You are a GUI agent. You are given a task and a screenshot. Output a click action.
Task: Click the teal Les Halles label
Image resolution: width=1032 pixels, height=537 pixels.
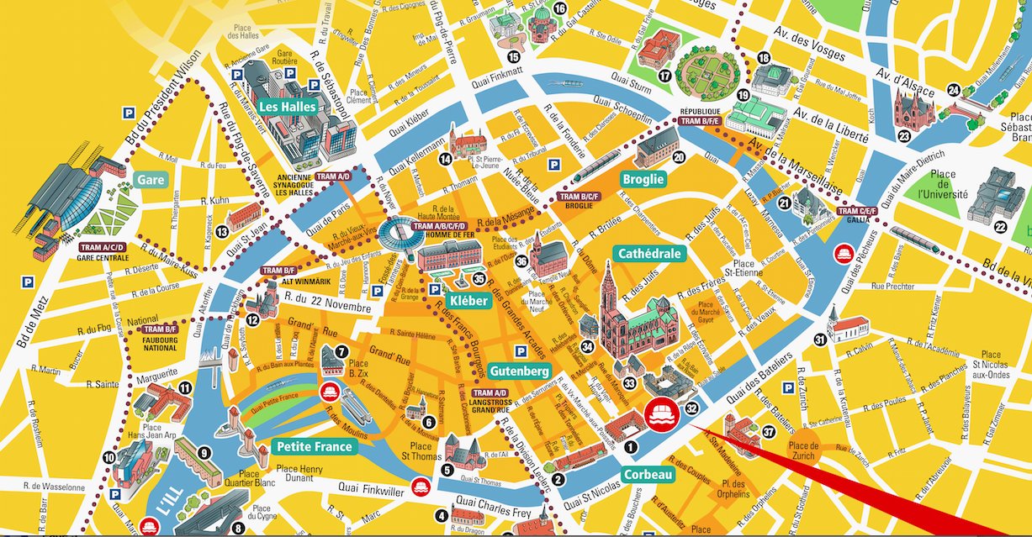click(287, 108)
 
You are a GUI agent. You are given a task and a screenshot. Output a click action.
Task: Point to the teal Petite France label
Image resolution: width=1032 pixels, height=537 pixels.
click(315, 446)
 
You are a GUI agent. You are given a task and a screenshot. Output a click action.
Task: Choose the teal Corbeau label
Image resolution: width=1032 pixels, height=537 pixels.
click(648, 475)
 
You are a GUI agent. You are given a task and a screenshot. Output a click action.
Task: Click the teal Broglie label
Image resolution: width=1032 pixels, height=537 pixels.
click(643, 179)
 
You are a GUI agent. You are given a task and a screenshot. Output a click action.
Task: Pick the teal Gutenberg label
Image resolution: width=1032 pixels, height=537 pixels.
click(518, 371)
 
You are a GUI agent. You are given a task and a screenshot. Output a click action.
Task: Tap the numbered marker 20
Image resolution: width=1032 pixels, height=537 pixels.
click(679, 156)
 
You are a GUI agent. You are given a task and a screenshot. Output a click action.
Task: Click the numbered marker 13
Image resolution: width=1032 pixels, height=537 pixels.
click(221, 232)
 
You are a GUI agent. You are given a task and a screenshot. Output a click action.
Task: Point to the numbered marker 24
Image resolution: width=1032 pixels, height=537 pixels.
click(953, 90)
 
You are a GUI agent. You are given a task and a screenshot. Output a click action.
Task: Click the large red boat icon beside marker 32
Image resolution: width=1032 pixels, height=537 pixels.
click(662, 413)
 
